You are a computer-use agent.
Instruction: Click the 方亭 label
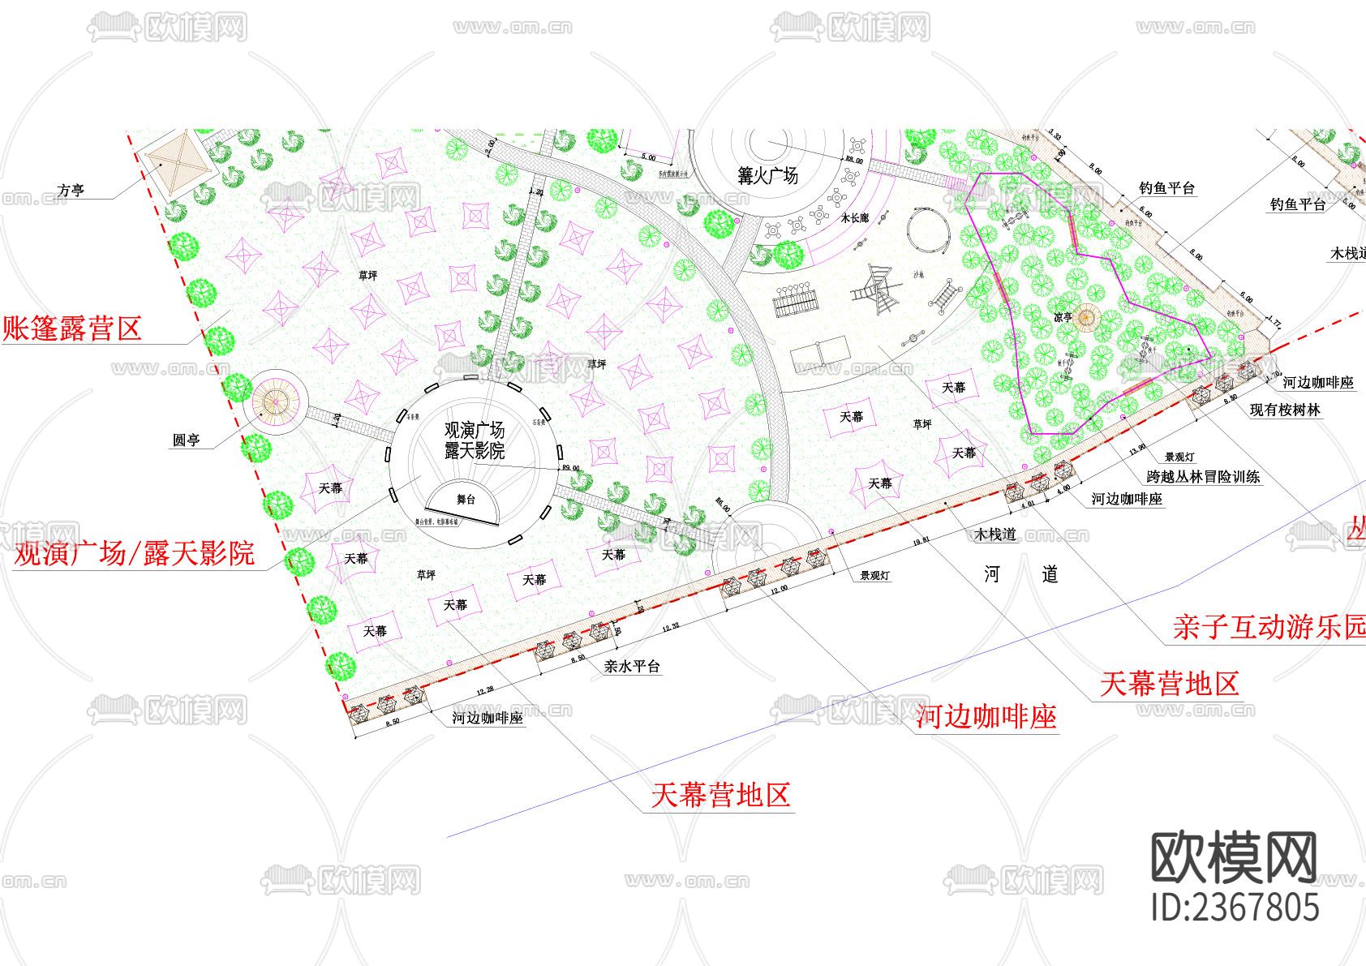click(71, 191)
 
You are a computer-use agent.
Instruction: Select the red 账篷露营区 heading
click(73, 328)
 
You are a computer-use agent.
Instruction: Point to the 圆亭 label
click(186, 440)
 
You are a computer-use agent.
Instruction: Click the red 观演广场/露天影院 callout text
click(135, 554)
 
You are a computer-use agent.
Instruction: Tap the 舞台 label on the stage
click(466, 500)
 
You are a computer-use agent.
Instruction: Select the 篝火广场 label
click(767, 175)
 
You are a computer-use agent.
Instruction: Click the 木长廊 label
click(854, 218)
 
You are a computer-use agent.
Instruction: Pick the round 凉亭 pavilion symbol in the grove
click(1085, 316)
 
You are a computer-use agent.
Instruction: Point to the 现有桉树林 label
click(1285, 410)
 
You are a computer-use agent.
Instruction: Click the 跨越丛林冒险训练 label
click(1203, 477)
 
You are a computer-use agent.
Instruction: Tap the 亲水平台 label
click(632, 667)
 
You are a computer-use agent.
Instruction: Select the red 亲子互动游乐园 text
click(1269, 626)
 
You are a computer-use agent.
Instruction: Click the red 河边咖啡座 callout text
click(986, 717)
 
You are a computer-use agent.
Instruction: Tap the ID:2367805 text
click(1235, 907)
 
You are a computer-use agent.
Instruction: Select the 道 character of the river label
click(1050, 574)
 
